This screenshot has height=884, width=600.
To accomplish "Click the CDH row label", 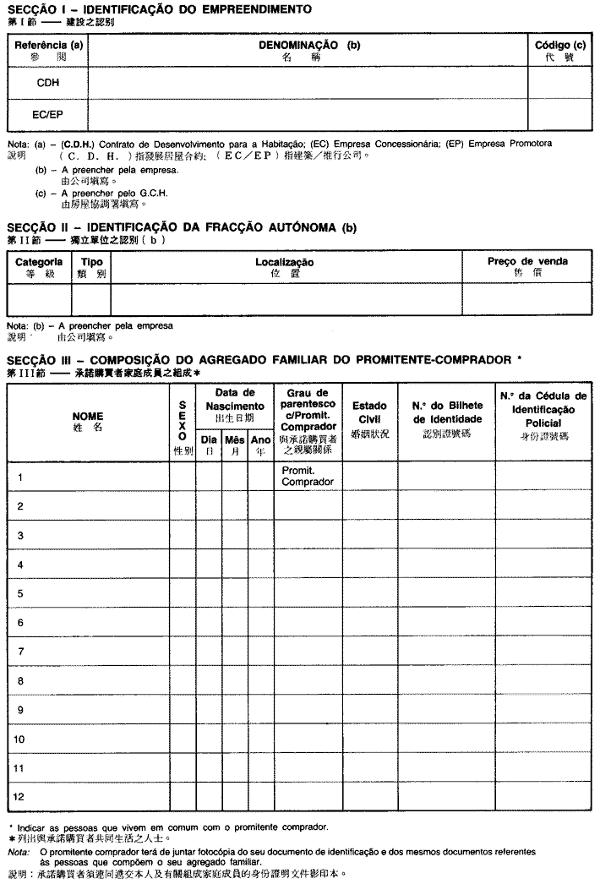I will (47, 83).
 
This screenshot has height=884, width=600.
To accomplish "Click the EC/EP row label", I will (47, 114).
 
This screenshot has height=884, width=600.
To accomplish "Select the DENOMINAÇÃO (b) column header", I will (308, 50).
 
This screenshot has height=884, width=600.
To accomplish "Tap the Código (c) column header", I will (559, 50).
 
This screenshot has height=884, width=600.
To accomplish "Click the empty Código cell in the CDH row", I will (559, 83).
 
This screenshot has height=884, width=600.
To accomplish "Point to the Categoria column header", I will (39, 267).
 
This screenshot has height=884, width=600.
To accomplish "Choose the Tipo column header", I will (91, 267).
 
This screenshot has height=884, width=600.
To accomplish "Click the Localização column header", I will (285, 267).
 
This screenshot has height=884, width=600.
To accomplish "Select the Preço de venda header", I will (527, 267).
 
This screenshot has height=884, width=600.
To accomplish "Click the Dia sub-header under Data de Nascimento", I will (208, 445).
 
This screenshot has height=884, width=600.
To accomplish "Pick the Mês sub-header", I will (235, 445).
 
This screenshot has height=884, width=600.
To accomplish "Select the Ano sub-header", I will (261, 445).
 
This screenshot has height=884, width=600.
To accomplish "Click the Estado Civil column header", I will (369, 417).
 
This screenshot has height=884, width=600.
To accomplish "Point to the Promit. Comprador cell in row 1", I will (308, 477).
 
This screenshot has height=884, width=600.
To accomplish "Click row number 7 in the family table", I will (20, 651).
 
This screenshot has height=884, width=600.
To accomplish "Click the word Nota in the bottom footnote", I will (18, 853).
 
